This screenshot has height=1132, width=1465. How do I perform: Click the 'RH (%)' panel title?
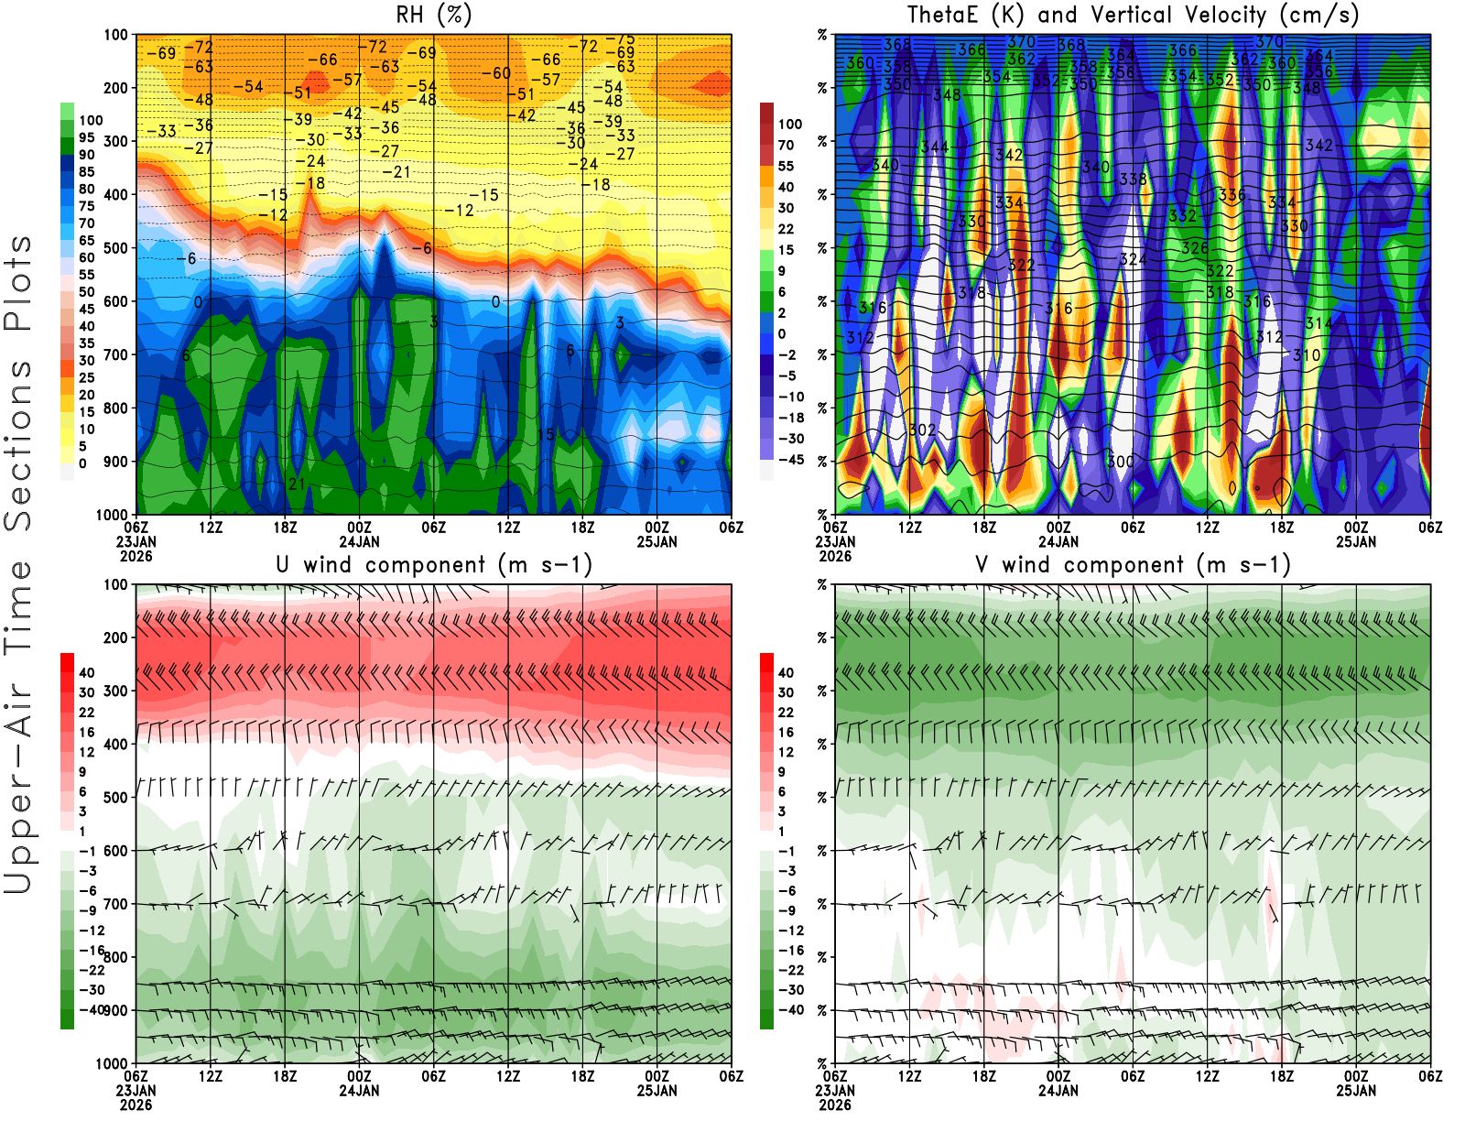coord(433,15)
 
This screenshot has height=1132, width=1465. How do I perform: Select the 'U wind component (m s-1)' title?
coord(433,564)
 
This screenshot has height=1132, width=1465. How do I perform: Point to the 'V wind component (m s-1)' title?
coord(1133,564)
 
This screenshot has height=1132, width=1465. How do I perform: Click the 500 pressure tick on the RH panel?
coord(115,248)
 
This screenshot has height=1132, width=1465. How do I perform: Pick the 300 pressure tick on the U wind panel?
coord(115,691)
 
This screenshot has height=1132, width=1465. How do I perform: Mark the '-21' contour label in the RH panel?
coord(396,172)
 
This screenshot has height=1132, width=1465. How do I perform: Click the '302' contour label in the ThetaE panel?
coord(922,430)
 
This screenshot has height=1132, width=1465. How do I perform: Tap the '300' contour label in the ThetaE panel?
coord(1120,461)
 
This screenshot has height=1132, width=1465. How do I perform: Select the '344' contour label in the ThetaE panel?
coord(935,147)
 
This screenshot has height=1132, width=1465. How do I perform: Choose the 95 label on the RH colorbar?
coord(87,137)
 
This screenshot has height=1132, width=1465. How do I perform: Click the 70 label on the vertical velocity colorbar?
coord(786,145)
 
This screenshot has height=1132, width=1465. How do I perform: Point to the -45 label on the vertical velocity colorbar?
coord(791,460)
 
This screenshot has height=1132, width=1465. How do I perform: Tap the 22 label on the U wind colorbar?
coord(87,712)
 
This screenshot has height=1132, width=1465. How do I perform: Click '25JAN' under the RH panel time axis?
coord(657,541)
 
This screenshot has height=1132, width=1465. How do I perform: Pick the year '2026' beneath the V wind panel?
coord(834,1105)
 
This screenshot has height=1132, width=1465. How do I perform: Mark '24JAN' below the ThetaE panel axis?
coord(1058,541)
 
